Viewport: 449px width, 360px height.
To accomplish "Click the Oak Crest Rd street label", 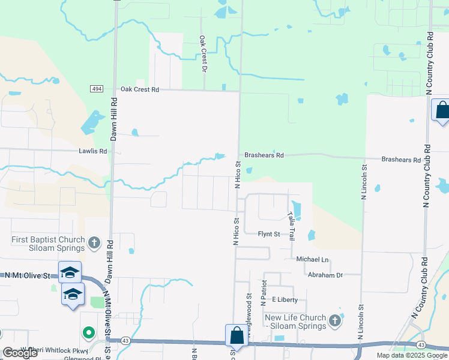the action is [139, 89].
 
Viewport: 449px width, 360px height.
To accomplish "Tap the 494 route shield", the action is [97, 89].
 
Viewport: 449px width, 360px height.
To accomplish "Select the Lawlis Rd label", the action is [92, 151].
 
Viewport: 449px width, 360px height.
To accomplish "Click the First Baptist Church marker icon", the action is [93, 243].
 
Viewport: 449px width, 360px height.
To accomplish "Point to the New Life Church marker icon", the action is [334, 322].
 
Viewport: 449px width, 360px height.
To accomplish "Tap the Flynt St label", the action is [269, 234].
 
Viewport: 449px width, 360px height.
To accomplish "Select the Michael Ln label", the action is [313, 259].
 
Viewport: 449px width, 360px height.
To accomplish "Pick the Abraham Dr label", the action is [325, 275].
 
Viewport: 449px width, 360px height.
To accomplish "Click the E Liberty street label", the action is [285, 299].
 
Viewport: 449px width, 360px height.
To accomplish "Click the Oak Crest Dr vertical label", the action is [203, 53].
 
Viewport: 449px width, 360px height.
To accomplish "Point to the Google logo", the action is [20, 353].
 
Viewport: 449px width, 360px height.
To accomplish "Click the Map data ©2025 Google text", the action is [411, 355].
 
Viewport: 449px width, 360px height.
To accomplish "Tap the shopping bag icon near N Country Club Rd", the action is [442, 110].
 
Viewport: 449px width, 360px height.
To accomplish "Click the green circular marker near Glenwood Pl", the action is [89, 332].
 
